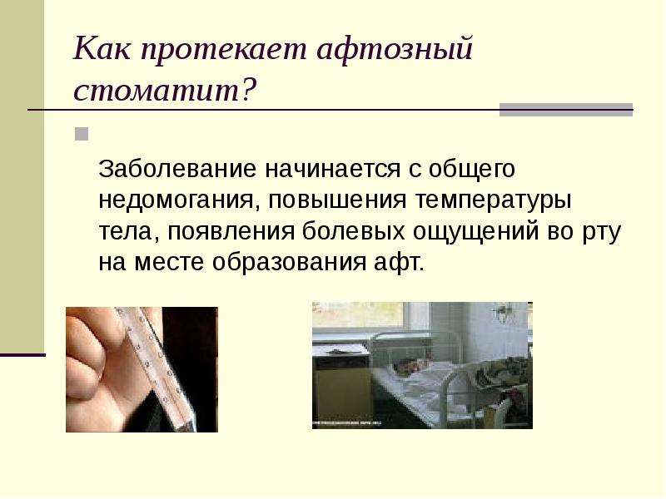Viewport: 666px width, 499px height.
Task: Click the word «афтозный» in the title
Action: pyautogui.click(x=395, y=50)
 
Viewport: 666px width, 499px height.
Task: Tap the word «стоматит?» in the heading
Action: pyautogui.click(x=165, y=90)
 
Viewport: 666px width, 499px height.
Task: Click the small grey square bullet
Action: pyautogui.click(x=82, y=134)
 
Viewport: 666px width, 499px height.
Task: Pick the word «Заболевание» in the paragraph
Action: pyautogui.click(x=177, y=169)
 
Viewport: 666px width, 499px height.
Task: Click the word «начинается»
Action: pyautogui.click(x=332, y=169)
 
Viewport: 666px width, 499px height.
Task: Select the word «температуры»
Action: pyautogui.click(x=493, y=200)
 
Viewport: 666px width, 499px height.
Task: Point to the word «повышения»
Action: pyautogui.click(x=337, y=200)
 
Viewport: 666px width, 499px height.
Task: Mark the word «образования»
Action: pyautogui.click(x=289, y=263)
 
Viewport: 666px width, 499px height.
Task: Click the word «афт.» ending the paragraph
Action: pyautogui.click(x=399, y=262)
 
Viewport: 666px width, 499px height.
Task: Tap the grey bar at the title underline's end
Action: pyautogui.click(x=566, y=110)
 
